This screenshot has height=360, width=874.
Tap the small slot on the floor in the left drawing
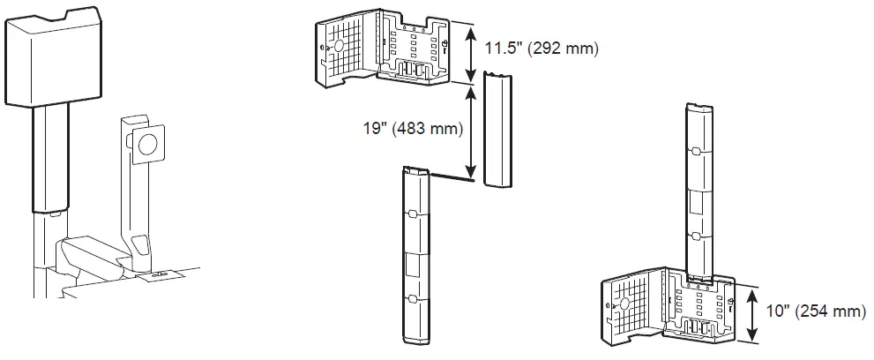[x=160, y=274]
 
